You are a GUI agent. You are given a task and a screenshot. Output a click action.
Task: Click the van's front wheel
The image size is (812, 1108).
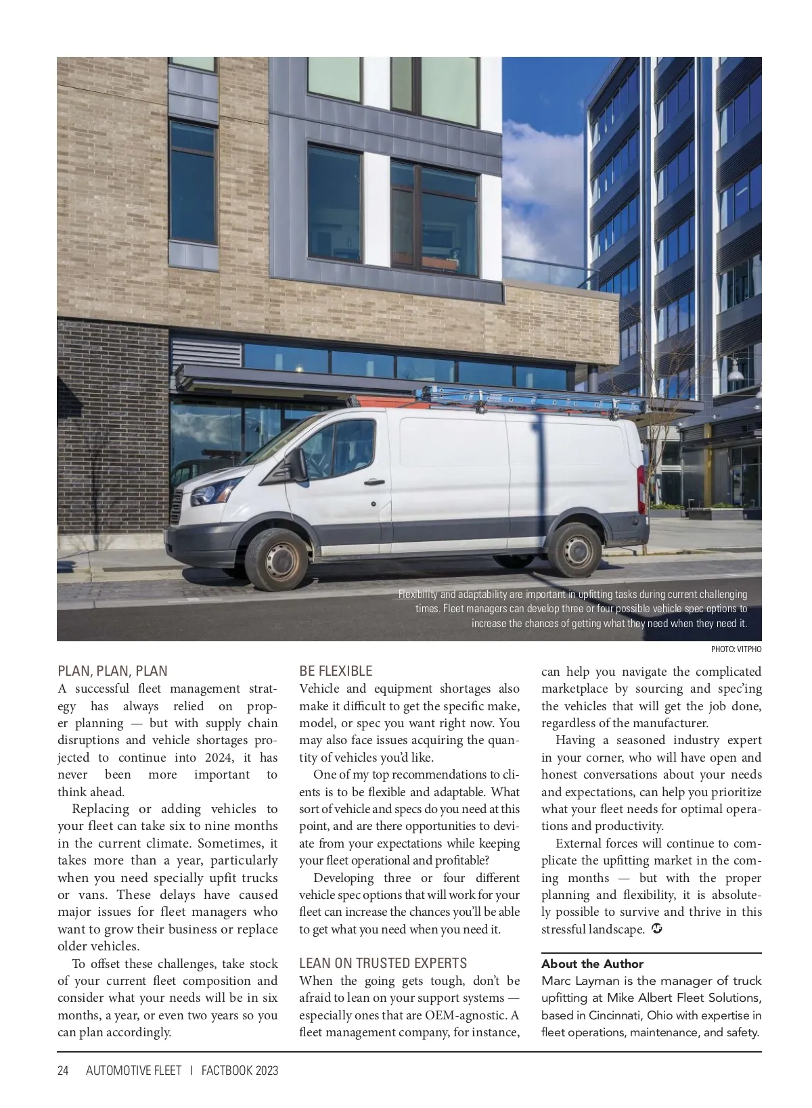(277, 559)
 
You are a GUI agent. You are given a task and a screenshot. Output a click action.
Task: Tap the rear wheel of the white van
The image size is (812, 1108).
(574, 549)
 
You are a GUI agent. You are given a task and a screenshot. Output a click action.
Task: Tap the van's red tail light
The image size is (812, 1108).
(641, 488)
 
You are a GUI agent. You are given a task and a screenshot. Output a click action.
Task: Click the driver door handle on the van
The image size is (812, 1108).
(374, 482)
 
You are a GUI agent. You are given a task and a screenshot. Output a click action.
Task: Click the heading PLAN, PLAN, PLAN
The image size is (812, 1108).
(112, 671)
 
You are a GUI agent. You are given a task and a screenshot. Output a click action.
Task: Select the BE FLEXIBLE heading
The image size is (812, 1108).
(336, 671)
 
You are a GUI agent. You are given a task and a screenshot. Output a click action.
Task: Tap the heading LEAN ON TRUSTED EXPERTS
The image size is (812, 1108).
(383, 963)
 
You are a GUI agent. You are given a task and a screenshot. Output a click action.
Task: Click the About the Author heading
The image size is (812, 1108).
(592, 964)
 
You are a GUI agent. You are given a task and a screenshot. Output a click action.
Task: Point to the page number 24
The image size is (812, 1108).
(63, 1071)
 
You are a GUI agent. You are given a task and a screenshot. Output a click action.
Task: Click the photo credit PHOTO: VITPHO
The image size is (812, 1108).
(736, 649)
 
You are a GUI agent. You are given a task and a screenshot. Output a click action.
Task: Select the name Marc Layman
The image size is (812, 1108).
(575, 981)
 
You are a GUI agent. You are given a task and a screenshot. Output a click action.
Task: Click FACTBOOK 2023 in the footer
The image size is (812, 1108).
(240, 1071)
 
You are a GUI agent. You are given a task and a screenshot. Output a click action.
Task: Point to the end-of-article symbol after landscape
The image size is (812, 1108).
(656, 929)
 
